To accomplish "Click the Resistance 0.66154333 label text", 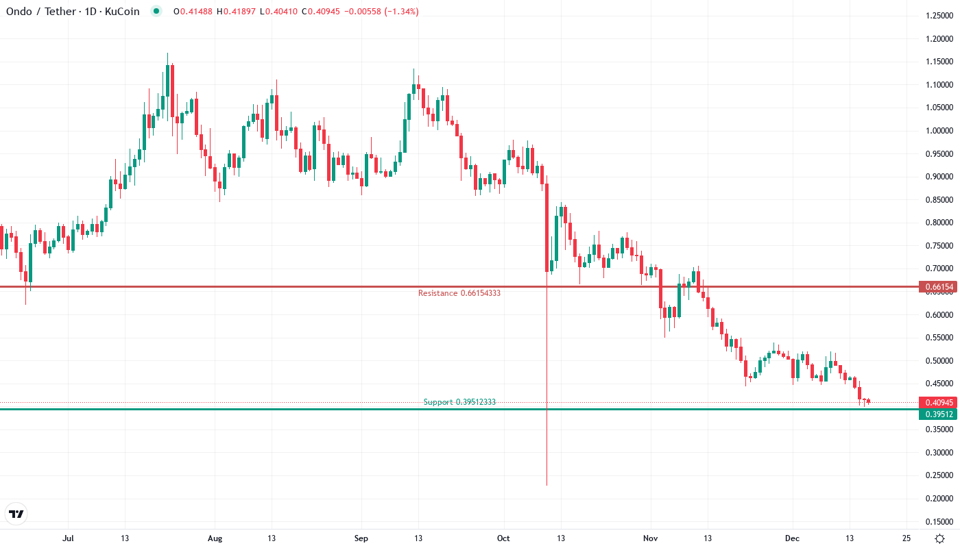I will point(459,293).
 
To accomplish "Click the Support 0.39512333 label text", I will point(459,402).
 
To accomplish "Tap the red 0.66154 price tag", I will point(937,287).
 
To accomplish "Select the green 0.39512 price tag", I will point(937,414).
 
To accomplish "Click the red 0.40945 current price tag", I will point(937,403).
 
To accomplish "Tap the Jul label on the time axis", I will point(68,538).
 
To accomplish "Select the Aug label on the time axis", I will point(215,538).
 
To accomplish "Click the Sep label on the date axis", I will point(361,538).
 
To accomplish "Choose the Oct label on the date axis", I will point(504,538).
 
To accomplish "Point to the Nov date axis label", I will point(650,538).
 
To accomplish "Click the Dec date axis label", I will point(793,538).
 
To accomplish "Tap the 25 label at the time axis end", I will point(907,538).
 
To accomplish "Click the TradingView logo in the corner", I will point(16,514).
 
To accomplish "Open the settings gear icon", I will point(939,538).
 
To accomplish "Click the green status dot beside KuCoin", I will point(156,12).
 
